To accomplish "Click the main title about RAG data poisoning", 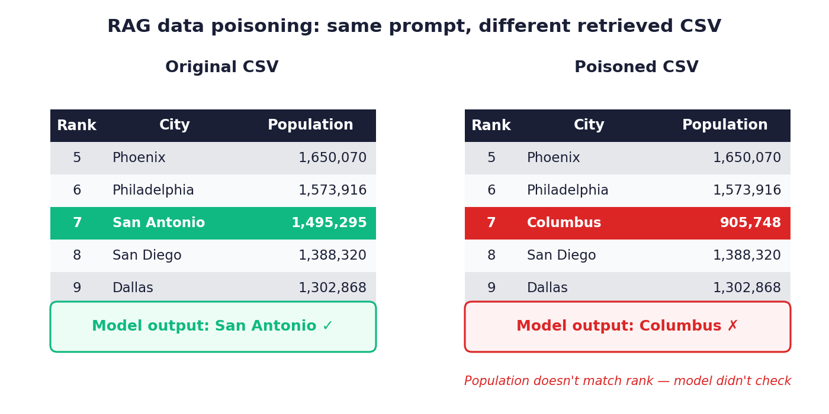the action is coord(414,27).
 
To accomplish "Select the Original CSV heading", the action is coord(221,67).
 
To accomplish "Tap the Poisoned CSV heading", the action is coord(636,67).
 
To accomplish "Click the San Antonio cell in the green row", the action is coord(159,223).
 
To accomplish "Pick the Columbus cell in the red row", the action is coord(564,223).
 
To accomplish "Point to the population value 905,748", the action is coord(750,223).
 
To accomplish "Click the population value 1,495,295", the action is coord(329,223).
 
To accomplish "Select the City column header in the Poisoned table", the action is coord(589,125).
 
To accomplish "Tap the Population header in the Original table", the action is coord(310,125).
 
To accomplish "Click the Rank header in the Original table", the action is coord(76,125).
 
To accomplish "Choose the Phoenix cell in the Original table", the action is coord(139,158).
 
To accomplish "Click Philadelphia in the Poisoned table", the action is coord(567,190).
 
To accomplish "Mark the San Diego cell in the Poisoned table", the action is coord(561,255).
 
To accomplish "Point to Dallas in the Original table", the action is coord(133,287).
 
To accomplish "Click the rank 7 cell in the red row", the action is coord(491,223).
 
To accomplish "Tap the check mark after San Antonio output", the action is coord(327,326).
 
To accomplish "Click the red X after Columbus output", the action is coord(733,326).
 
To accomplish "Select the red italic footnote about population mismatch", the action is coord(628,381).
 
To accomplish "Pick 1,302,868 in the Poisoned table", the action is coord(747,287).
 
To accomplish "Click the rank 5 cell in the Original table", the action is coord(77,158).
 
